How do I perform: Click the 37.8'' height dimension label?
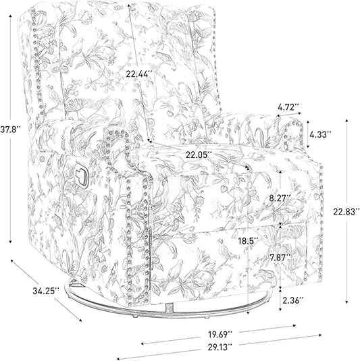(x=10, y=130)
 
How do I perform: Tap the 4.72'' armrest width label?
(x=288, y=107)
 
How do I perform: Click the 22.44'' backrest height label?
(x=138, y=74)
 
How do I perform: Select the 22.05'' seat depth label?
(x=199, y=155)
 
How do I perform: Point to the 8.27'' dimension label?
(x=280, y=198)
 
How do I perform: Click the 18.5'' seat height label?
(x=248, y=241)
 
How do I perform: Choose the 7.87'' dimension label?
(x=280, y=258)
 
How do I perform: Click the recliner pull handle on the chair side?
(x=81, y=174)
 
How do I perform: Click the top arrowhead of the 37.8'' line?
(x=10, y=16)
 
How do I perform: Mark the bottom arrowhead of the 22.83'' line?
(x=346, y=302)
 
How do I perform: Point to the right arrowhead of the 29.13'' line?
(x=319, y=335)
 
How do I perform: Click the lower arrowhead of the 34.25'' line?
(x=80, y=320)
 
